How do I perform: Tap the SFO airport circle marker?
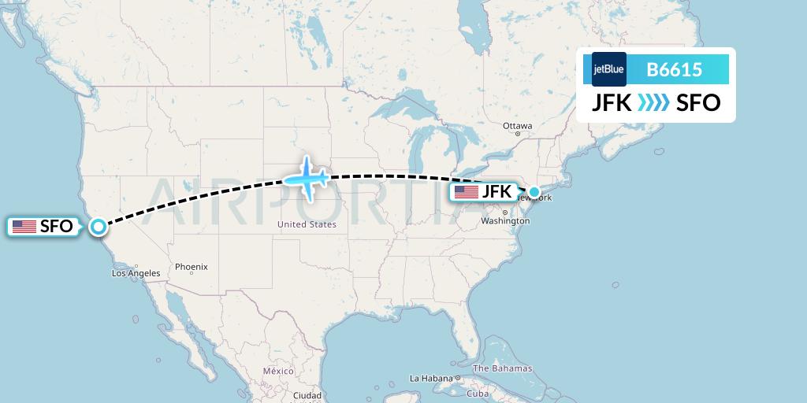pyautogui.click(x=98, y=227)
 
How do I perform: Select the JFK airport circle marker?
pyautogui.click(x=534, y=191)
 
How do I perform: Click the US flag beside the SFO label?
pyautogui.click(x=24, y=227)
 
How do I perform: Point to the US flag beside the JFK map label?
pyautogui.click(x=467, y=191)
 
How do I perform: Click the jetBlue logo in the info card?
pyautogui.click(x=608, y=69)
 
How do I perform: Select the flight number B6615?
pyautogui.click(x=674, y=70)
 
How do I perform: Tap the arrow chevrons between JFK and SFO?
pyautogui.click(x=653, y=103)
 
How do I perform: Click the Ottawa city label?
pyautogui.click(x=518, y=126)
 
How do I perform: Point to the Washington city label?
pyautogui.click(x=505, y=221)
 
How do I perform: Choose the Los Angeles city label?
pyautogui.click(x=136, y=273)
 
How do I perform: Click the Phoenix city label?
pyautogui.click(x=191, y=267)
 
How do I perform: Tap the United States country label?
pyautogui.click(x=307, y=224)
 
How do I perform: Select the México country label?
pyautogui.click(x=278, y=371)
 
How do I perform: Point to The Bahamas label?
pyautogui.click(x=502, y=368)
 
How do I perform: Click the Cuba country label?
pyautogui.click(x=478, y=393)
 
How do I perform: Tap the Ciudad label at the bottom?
pyautogui.click(x=307, y=395)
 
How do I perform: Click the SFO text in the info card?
pyautogui.click(x=698, y=103)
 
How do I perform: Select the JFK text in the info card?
pyautogui.click(x=612, y=103)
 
